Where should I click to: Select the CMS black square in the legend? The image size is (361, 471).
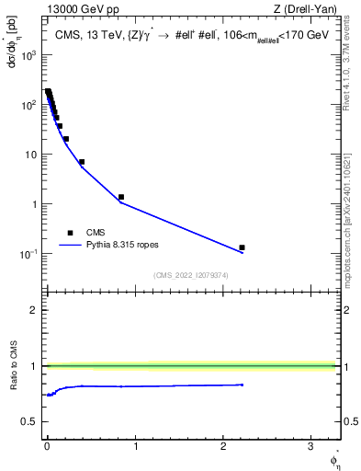[70, 233]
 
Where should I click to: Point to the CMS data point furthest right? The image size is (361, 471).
[242, 247]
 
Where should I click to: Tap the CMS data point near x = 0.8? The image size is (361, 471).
[121, 197]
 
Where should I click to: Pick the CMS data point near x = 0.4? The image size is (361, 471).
[82, 162]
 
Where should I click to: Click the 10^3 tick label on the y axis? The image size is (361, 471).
[28, 55]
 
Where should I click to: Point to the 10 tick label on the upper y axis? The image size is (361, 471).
[31, 155]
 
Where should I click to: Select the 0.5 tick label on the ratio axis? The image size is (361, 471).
[29, 421]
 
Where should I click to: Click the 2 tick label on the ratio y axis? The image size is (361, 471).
[34, 310]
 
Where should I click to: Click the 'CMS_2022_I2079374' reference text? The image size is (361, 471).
[191, 275]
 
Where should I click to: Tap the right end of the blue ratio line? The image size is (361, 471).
[243, 385]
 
